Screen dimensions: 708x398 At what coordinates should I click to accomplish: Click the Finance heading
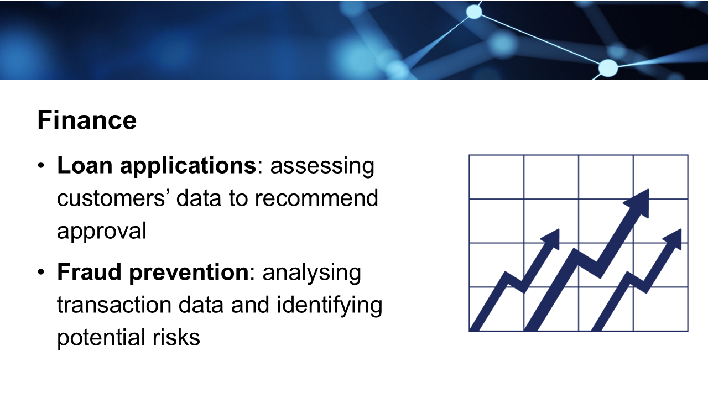coord(87,120)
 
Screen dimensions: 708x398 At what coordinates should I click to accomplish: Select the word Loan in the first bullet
coord(85,165)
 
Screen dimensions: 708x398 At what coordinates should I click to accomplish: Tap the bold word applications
coord(188,166)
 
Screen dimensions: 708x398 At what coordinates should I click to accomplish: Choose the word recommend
coord(316,198)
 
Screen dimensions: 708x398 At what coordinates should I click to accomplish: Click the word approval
coord(102,232)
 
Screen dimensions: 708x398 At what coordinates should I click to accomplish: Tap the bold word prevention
coord(189,273)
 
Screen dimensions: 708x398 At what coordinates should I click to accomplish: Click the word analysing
coord(311,273)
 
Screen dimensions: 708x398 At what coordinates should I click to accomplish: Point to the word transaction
coord(114,305)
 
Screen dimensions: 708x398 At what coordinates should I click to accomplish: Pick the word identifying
coord(330,306)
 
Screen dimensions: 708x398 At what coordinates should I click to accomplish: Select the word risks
coord(176,337)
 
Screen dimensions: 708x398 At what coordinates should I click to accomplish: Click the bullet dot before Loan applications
coord(41,165)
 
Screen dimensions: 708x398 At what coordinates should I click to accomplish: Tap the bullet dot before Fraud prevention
coord(41,272)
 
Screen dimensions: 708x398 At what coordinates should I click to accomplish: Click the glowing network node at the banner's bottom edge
coord(608,67)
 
